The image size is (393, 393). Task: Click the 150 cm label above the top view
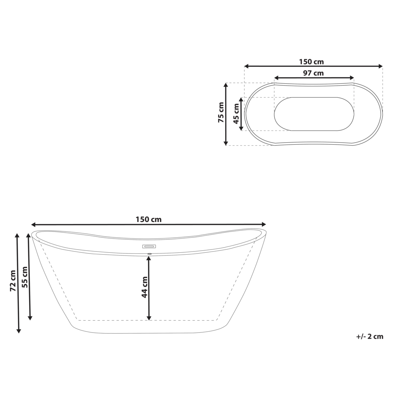pyautogui.click(x=311, y=62)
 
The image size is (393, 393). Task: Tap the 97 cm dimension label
pyautogui.click(x=313, y=73)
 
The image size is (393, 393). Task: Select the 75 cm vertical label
pyautogui.click(x=221, y=113)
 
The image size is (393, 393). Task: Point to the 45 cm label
pyautogui.click(x=236, y=114)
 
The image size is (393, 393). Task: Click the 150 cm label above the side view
pyautogui.click(x=149, y=220)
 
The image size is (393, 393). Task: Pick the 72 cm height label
pyautogui.click(x=13, y=281)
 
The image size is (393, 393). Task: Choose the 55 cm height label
pyautogui.click(x=24, y=277)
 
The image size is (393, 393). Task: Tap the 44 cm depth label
pyautogui.click(x=145, y=287)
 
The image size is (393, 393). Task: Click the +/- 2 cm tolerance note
pyautogui.click(x=369, y=336)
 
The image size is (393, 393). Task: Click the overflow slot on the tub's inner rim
pyautogui.click(x=149, y=247)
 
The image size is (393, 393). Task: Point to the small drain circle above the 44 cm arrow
pyautogui.click(x=149, y=254)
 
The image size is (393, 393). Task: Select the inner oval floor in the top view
pyautogui.click(x=314, y=114)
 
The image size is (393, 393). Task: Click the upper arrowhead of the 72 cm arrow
pyautogui.click(x=18, y=235)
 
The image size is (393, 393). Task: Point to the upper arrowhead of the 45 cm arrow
pyautogui.click(x=241, y=99)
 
